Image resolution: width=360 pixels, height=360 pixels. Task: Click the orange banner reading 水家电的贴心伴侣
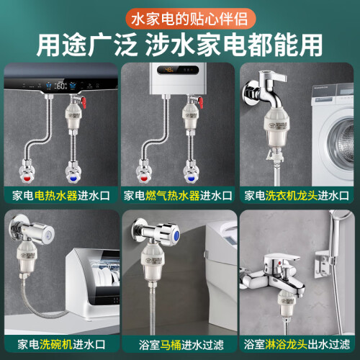click(190, 19)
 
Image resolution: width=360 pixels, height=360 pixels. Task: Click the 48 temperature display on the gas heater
click(169, 70)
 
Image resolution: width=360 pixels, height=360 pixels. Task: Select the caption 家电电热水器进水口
click(61, 196)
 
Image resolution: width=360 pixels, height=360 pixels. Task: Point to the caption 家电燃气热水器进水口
click(178, 196)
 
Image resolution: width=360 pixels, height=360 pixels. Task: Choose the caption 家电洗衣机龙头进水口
click(297, 196)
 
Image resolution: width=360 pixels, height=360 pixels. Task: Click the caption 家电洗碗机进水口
click(61, 344)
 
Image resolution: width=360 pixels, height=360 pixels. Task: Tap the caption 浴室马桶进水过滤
click(181, 345)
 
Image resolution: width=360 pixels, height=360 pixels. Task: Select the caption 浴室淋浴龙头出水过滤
click(297, 344)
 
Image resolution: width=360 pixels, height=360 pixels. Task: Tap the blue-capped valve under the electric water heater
click(73, 172)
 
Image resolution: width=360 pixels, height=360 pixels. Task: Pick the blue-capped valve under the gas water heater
click(191, 172)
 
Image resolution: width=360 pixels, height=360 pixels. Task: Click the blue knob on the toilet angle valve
click(176, 234)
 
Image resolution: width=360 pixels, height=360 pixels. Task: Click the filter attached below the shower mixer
click(286, 304)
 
